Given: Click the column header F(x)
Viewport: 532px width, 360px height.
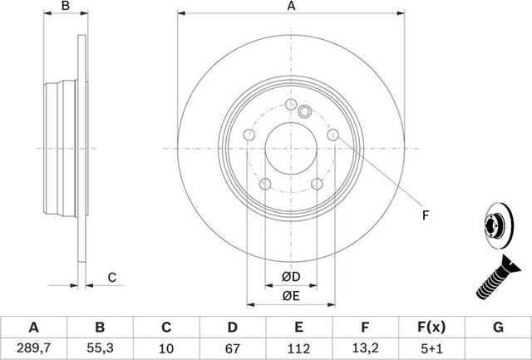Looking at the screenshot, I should [432, 328].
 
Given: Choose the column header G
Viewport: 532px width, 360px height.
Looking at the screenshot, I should [499, 328].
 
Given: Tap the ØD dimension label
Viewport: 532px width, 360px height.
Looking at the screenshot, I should [291, 276].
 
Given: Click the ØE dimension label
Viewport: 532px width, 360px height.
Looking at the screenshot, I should [291, 295].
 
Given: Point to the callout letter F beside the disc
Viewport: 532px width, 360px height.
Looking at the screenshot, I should [424, 216].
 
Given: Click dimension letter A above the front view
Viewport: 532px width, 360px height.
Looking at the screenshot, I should [291, 7].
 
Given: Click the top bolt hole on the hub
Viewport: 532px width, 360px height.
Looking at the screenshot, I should [290, 106].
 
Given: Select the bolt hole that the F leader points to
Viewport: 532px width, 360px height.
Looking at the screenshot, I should [332, 136].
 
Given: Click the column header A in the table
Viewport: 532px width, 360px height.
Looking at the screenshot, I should [33, 328].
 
